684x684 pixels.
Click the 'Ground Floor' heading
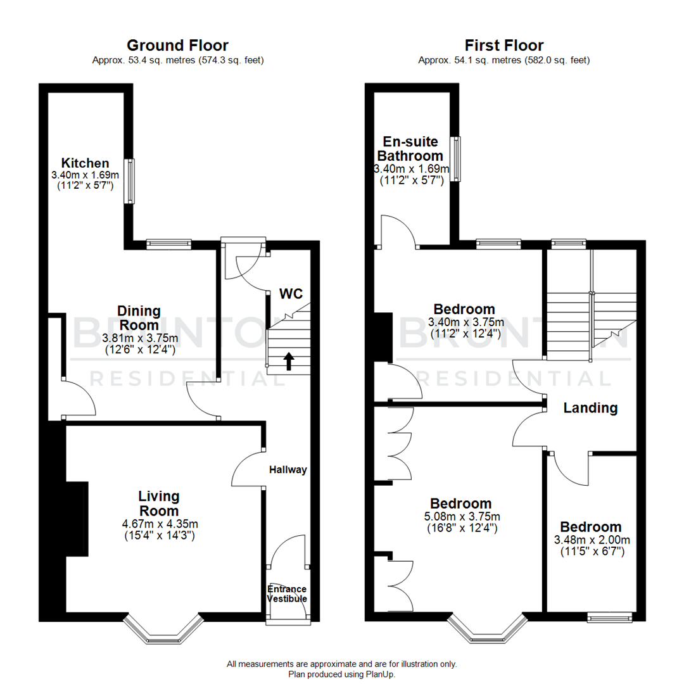point(177,46)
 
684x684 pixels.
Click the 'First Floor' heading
point(503,46)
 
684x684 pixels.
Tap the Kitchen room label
point(85,163)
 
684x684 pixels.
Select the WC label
point(291,294)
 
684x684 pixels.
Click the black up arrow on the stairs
point(289,361)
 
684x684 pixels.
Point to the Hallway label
point(288,470)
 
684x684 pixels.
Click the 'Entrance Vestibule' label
point(287,594)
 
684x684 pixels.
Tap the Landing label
point(590,408)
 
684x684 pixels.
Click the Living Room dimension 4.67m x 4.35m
point(159,524)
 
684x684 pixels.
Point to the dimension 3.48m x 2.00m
point(592,540)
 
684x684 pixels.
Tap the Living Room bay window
point(163,627)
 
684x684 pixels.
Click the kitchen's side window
point(129,180)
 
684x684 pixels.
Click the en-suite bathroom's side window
point(455,158)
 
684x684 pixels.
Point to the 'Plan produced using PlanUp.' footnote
point(341,674)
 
